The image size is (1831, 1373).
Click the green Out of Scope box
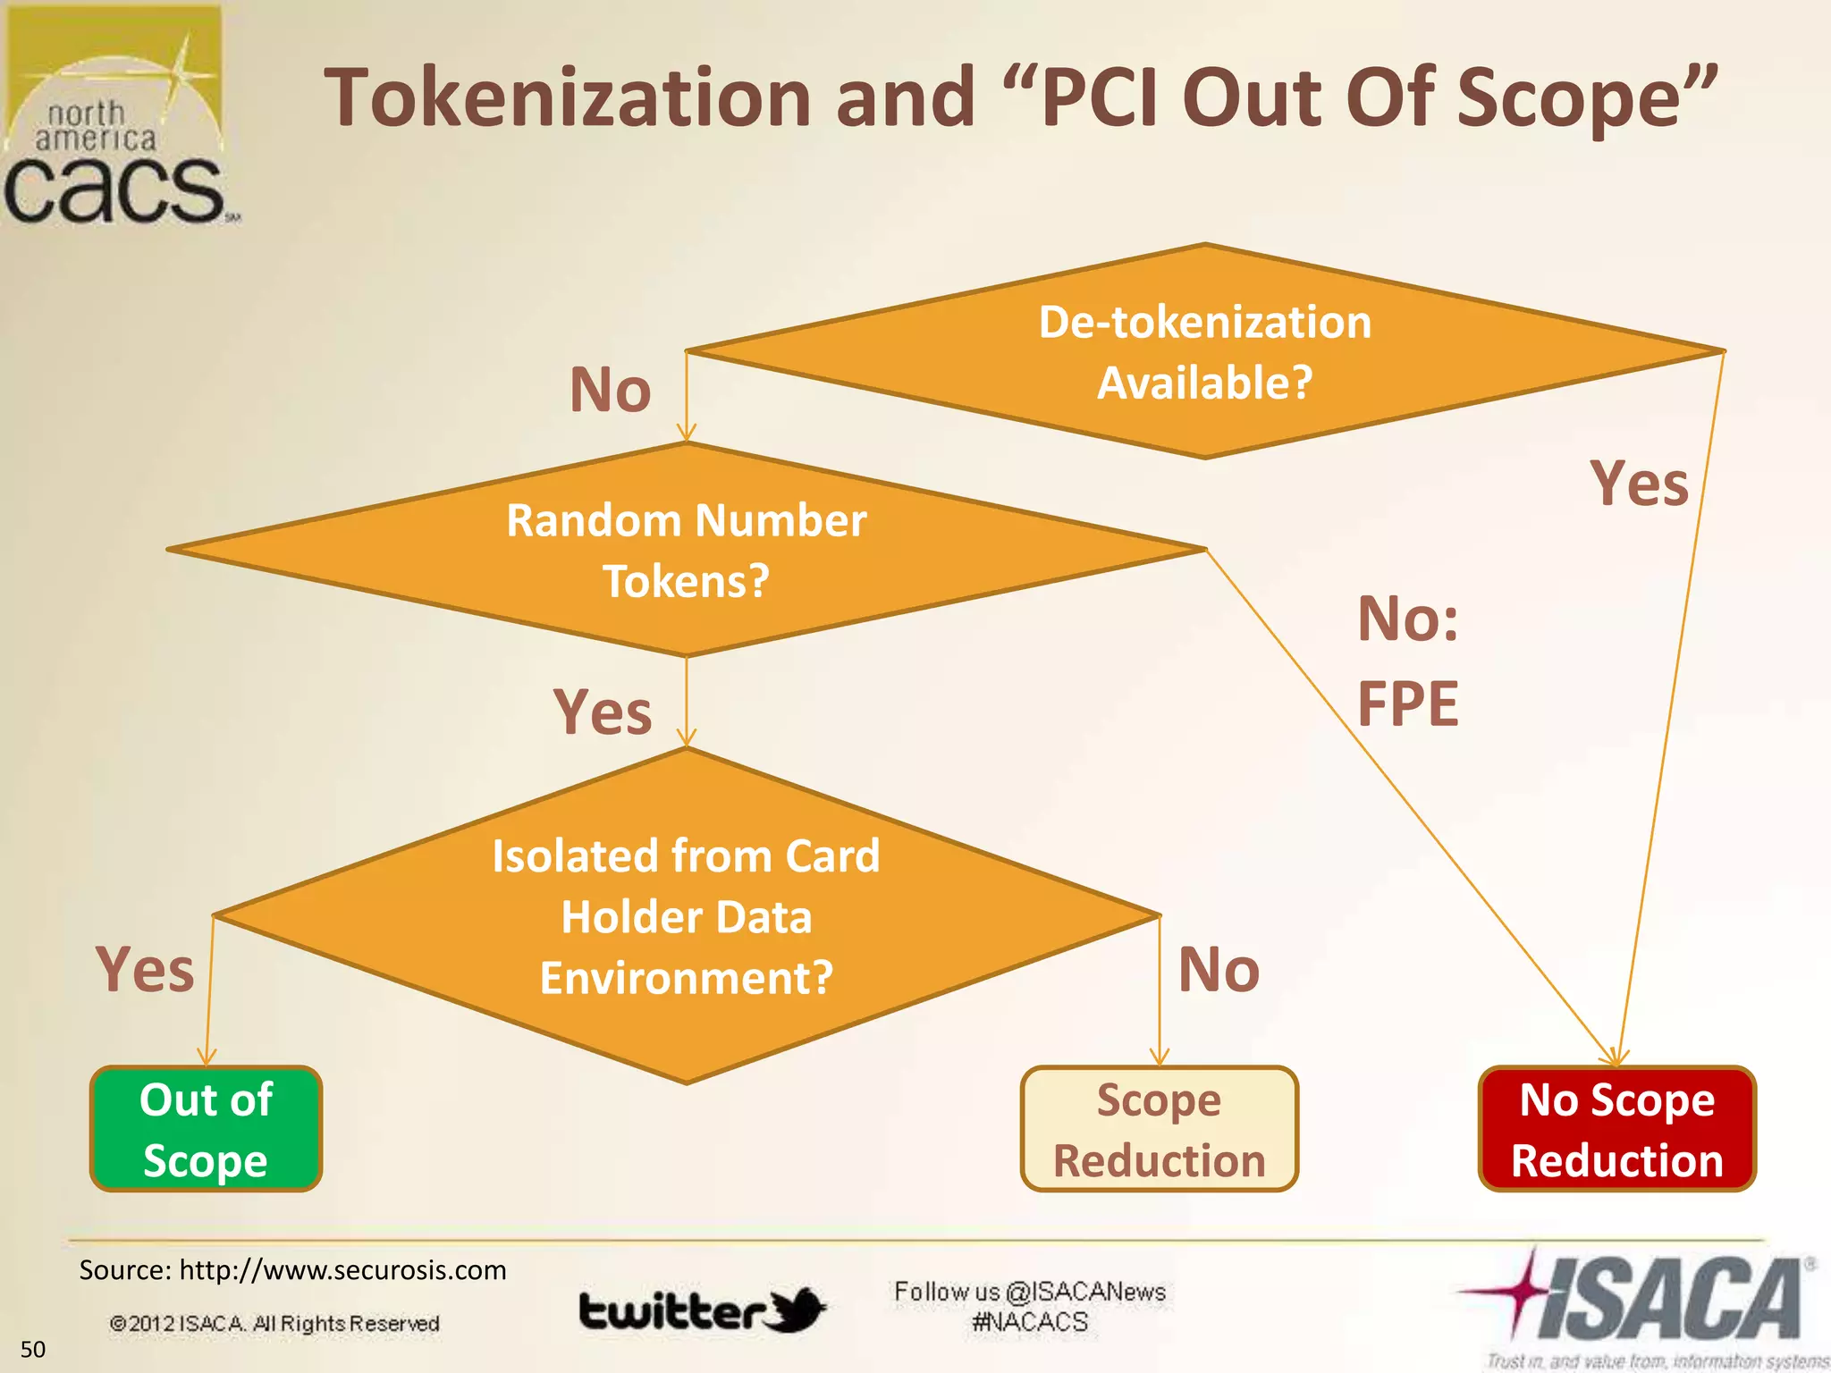(x=206, y=1129)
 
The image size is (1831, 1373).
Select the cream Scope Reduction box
(x=1159, y=1129)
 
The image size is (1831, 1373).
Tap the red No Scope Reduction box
(x=1617, y=1129)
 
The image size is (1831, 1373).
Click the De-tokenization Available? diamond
(x=1204, y=351)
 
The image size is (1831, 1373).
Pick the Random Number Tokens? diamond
(x=686, y=550)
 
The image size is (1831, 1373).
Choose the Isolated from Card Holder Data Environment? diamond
(x=686, y=915)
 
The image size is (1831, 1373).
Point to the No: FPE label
(x=1407, y=661)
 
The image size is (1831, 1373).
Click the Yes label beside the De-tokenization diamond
(x=1640, y=484)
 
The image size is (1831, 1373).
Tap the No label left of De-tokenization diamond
(x=611, y=390)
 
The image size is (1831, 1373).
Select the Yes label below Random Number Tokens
(x=603, y=712)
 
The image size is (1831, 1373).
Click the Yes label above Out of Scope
(x=145, y=969)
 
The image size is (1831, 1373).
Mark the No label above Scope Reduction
(x=1219, y=969)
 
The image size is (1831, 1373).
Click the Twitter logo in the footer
(x=703, y=1311)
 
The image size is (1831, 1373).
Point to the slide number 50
(x=33, y=1349)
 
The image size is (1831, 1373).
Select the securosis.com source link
(x=342, y=1270)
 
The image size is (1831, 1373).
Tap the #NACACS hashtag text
(x=1030, y=1322)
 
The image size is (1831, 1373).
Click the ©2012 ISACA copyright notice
(x=274, y=1323)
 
